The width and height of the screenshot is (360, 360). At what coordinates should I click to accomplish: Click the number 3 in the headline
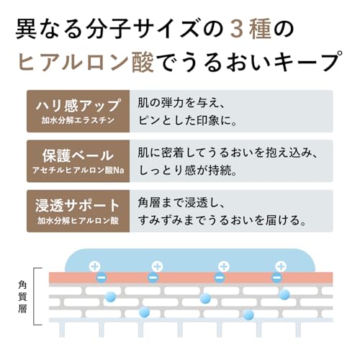coord(238,30)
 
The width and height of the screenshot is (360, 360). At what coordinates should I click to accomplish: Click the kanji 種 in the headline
coord(260,30)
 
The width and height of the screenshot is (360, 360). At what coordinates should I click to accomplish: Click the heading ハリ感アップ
coord(78,106)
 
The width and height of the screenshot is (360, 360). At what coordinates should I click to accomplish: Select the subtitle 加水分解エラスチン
coord(78,120)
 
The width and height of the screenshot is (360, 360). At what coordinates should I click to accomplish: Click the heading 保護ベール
coord(78,156)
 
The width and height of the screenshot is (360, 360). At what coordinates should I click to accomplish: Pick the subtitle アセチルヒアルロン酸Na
coord(78,171)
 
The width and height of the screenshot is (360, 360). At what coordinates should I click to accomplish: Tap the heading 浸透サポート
coord(77,206)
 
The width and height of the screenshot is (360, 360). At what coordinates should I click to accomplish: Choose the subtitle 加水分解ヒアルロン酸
coord(78,220)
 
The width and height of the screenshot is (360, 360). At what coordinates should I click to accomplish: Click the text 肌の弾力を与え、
coord(181,104)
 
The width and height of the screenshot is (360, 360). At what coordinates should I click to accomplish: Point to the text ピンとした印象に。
coord(187,121)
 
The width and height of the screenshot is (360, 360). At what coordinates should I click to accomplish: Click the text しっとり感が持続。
coord(187,171)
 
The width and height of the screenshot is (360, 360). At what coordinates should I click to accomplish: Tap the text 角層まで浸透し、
coord(181,203)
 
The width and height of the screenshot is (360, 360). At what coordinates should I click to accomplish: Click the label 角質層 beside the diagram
coord(22,297)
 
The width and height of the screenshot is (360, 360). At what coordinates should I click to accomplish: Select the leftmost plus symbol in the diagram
coord(95,266)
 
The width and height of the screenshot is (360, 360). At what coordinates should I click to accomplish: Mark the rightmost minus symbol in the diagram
coord(277,278)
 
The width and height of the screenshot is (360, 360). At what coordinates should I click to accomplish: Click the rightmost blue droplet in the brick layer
coord(284,294)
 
